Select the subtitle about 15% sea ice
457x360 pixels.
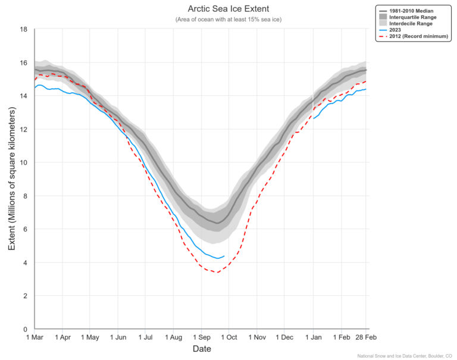pos(228,20)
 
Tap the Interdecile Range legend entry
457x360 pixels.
pos(415,24)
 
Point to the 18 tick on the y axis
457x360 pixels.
pos(24,29)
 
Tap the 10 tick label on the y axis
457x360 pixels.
pos(24,162)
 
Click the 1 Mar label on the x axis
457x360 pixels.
pos(35,337)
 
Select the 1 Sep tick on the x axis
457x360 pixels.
pos(201,337)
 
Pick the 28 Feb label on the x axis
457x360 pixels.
pos(365,337)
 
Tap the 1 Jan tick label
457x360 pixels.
pos(313,337)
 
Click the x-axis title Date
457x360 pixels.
pos(202,349)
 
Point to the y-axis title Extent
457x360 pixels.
pos(11,179)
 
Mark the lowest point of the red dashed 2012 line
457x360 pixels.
pos(218,273)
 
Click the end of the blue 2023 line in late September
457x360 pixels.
pos(224,256)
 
